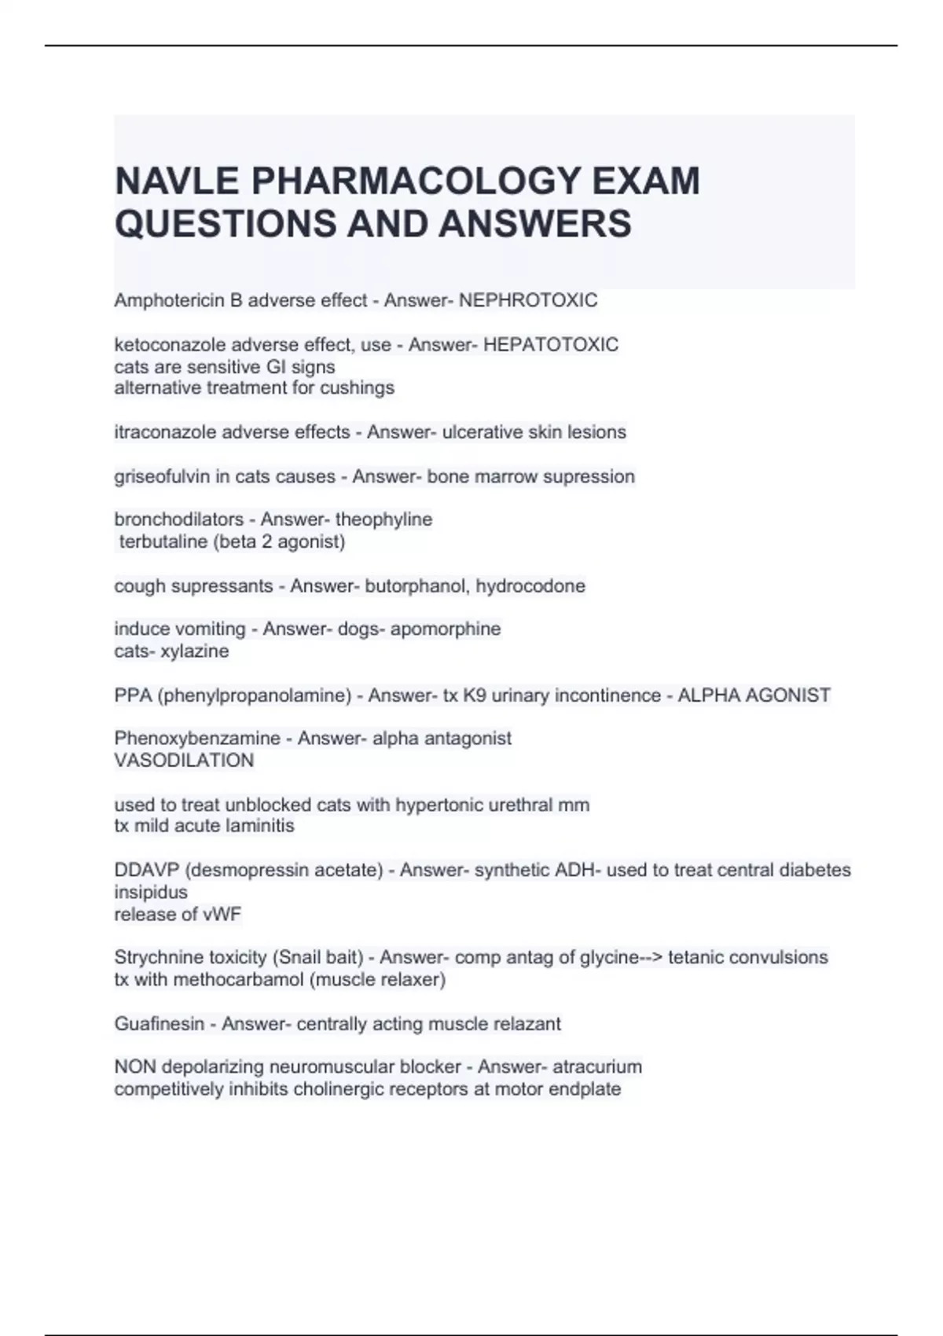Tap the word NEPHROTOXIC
(x=528, y=300)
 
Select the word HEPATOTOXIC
(x=550, y=344)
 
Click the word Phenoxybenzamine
(x=197, y=738)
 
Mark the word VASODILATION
(x=184, y=760)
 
